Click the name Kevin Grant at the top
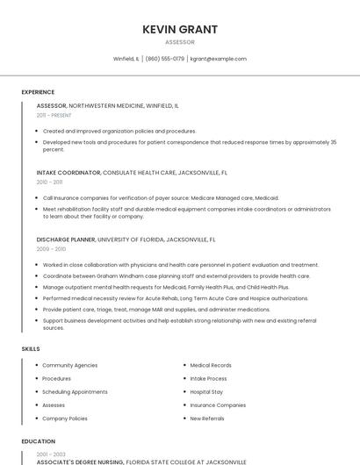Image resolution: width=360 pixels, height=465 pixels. point(180,29)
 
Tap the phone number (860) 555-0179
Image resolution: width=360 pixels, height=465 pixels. point(165,59)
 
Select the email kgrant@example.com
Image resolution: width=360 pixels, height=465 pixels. point(219,59)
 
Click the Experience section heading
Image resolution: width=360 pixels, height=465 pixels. point(38,92)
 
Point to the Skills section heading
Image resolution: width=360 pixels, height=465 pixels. point(31,349)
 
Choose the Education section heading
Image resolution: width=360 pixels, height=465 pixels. point(38,441)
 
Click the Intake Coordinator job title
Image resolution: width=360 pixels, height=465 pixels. point(68,173)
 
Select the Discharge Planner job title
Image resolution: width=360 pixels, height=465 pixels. point(66,239)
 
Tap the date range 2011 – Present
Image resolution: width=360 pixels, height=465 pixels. point(54,115)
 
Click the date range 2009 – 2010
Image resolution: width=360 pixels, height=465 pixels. point(51,249)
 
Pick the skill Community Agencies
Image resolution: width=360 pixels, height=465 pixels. point(70,365)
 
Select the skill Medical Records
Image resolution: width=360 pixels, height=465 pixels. point(211,365)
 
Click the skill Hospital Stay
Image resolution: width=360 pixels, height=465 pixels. point(206,392)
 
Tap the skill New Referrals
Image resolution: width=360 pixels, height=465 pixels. point(207,418)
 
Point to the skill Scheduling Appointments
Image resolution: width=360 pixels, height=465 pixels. point(75,392)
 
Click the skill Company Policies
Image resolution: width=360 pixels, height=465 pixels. point(65,418)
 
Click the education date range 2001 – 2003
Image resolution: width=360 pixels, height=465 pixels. point(51,454)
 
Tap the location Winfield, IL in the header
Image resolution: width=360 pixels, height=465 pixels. point(126,59)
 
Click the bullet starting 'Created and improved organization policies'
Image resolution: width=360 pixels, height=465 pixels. point(119,131)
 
